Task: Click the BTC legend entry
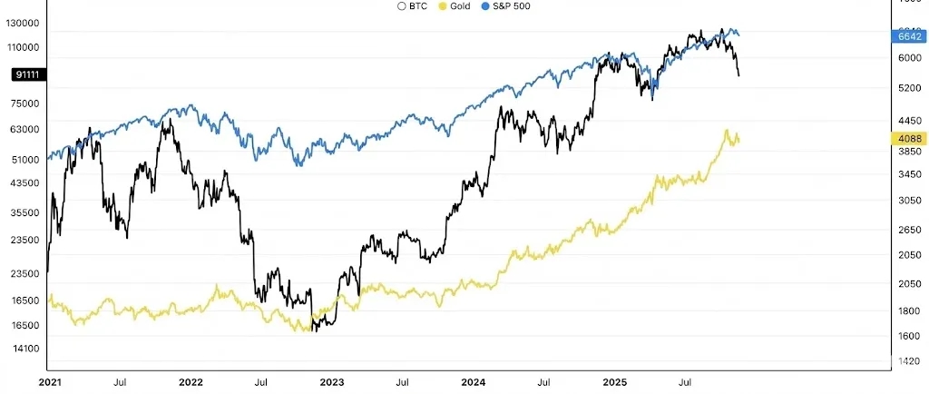point(414,6)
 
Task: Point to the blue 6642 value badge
point(909,37)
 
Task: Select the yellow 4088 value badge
point(909,139)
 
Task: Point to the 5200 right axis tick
point(909,89)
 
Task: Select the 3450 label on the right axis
point(909,174)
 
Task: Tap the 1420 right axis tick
point(909,361)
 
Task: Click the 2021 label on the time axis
point(50,383)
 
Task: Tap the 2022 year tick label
point(190,383)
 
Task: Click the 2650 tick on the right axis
point(909,231)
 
